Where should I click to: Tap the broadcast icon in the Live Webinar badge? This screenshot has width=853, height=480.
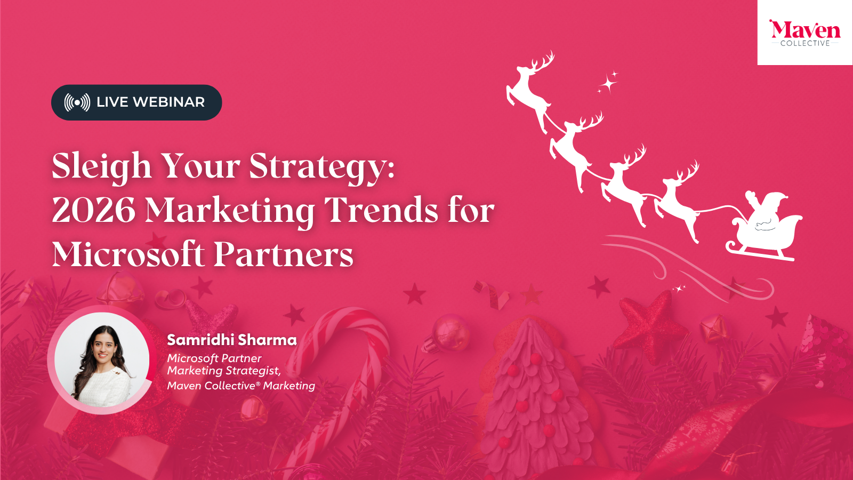77,102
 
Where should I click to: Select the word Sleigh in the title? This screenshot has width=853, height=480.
102,166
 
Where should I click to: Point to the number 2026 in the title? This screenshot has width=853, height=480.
94,210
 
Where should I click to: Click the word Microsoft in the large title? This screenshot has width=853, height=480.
128,254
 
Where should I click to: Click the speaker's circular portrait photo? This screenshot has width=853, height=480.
102,359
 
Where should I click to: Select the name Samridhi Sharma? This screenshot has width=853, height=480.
231,340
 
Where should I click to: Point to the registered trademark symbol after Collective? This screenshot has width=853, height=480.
258,383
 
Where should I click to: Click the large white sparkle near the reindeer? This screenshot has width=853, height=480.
608,83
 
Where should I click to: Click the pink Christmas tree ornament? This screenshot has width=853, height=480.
533,395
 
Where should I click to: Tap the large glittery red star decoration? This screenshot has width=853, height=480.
650,320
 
